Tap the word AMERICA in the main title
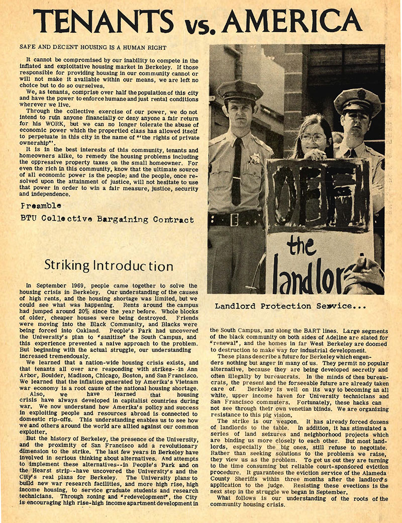(291, 21)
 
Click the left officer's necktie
(237, 171)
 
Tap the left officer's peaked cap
(240, 91)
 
